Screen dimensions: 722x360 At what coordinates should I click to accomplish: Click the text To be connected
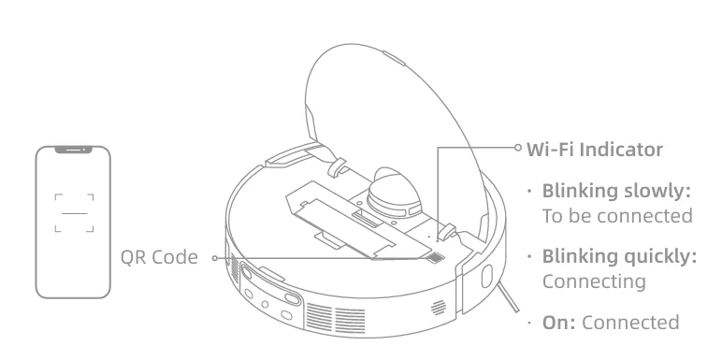pyautogui.click(x=616, y=215)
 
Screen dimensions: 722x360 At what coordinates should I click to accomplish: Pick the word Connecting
pyautogui.click(x=595, y=281)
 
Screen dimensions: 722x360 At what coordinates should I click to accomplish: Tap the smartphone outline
pyautogui.click(x=73, y=221)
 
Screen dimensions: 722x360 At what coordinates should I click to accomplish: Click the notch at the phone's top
pyautogui.click(x=73, y=150)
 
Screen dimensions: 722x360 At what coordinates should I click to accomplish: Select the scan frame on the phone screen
pyautogui.click(x=73, y=212)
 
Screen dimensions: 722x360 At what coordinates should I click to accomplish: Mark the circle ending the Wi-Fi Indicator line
pyautogui.click(x=516, y=147)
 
